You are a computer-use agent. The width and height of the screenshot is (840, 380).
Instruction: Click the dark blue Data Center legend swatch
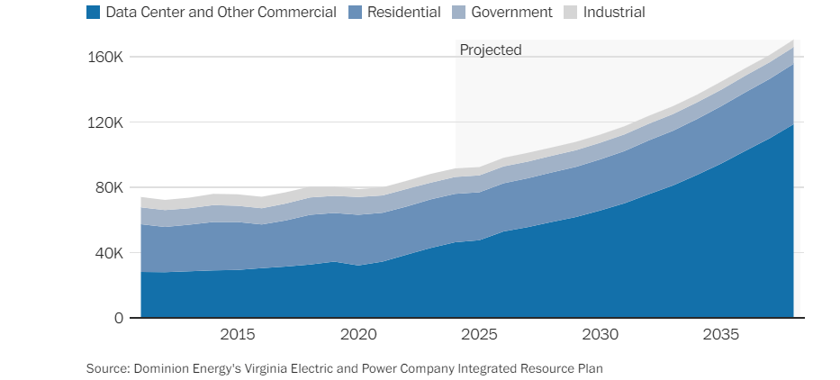(94, 13)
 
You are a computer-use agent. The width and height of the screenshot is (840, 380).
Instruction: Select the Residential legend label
(405, 13)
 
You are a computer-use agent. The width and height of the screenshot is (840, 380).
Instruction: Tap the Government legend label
(511, 13)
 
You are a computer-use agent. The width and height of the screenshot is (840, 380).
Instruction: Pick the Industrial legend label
(614, 13)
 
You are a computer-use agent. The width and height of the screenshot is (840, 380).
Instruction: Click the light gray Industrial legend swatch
(570, 13)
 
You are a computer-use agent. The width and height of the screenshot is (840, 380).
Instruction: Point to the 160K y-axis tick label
(106, 58)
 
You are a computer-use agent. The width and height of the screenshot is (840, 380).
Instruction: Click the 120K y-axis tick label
(106, 122)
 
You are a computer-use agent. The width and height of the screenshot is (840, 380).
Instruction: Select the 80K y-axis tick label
(109, 188)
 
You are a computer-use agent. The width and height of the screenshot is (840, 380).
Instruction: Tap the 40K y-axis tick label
(109, 253)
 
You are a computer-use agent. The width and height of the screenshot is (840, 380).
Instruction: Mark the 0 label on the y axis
(119, 319)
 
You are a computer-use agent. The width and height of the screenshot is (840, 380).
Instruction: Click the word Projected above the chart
(491, 50)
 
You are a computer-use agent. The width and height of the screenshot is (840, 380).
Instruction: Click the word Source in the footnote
(107, 368)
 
